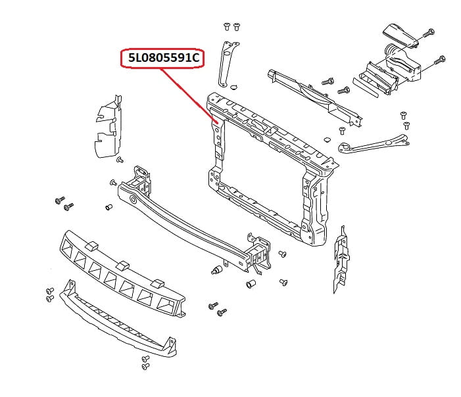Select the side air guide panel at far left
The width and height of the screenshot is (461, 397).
click(x=105, y=128)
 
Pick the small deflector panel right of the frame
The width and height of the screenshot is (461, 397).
click(x=341, y=260)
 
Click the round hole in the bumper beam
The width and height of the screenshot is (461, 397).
click(x=133, y=198)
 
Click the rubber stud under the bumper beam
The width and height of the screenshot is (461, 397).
click(x=216, y=270)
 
